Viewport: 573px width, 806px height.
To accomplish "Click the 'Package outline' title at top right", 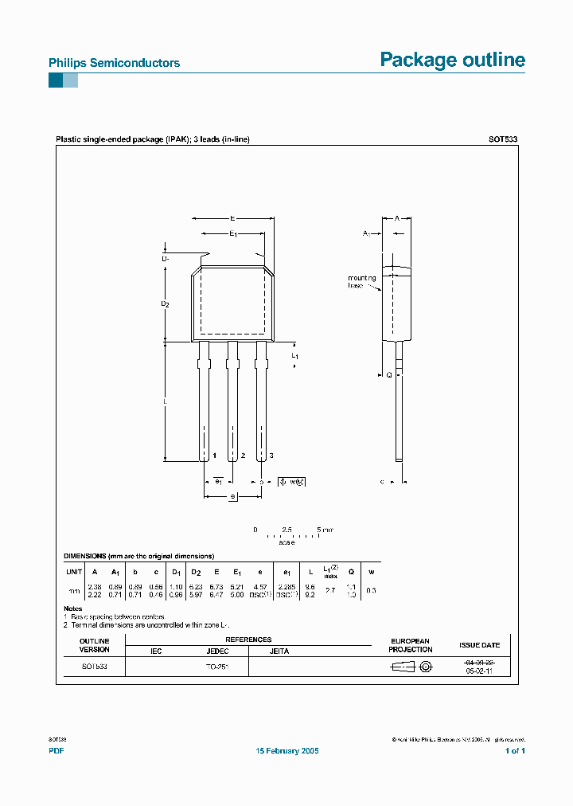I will click(x=452, y=60).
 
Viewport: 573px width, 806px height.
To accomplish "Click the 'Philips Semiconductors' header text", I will click(x=114, y=63).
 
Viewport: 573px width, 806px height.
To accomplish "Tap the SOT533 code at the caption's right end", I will click(x=503, y=139).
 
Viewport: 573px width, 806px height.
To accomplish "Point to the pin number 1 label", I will click(x=215, y=455).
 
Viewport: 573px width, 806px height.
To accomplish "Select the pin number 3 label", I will click(x=271, y=455).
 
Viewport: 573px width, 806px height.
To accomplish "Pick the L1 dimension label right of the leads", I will click(x=294, y=354).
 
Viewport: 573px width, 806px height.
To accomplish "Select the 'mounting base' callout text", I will click(x=361, y=282).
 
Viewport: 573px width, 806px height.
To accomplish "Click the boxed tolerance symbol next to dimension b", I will click(x=291, y=482).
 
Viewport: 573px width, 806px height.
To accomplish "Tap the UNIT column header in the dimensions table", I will click(x=74, y=572).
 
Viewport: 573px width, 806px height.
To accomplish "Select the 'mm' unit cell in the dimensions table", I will click(x=74, y=591).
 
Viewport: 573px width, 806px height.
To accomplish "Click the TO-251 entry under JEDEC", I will click(x=217, y=667).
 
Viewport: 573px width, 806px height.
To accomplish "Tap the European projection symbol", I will click(x=411, y=667).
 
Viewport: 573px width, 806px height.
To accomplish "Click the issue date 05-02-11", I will click(x=479, y=671).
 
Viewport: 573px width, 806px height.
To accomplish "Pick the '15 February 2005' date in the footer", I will click(x=286, y=751).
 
